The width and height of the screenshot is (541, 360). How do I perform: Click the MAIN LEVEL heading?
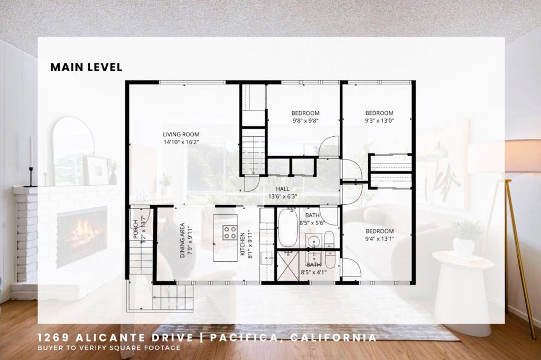coord(86,67)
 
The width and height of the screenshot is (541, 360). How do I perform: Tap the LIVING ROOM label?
coord(181,135)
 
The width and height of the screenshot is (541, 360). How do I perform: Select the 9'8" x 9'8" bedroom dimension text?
coord(305,121)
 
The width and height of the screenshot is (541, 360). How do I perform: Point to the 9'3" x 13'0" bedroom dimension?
coord(379,121)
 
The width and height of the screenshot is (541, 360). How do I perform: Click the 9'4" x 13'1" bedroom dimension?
coord(379,239)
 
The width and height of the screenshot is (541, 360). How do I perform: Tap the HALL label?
coord(283,189)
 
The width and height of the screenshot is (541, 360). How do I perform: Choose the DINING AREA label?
coord(182,240)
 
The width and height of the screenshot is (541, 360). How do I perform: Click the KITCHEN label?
coord(242,244)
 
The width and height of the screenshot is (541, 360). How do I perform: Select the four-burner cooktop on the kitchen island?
coord(229,232)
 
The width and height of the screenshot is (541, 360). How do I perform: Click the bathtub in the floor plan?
coord(288,227)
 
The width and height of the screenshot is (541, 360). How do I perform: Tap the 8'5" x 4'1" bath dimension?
coord(314,272)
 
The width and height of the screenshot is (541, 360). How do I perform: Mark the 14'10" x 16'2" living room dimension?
coord(181,142)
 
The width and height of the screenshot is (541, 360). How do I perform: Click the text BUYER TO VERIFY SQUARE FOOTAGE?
coord(109,347)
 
